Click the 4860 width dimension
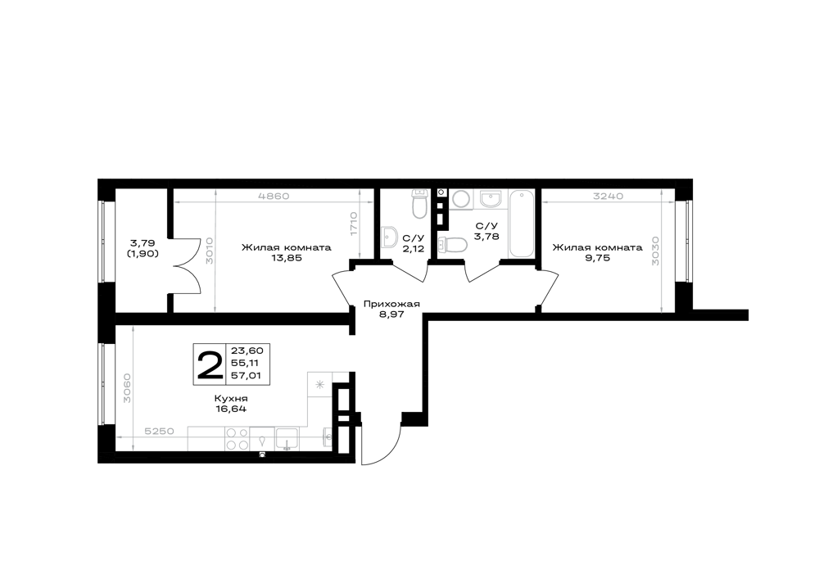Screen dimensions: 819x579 [274, 197]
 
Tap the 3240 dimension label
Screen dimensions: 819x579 [609, 197]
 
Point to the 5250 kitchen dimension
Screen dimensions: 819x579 [160, 432]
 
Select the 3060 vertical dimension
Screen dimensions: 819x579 [126, 388]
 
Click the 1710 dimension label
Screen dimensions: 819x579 [354, 224]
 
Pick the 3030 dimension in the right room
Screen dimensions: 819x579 [656, 251]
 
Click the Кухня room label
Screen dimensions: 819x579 [231, 399]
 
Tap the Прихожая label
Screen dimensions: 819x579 [391, 305]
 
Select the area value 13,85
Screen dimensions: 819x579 [287, 257]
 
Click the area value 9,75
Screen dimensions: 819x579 [598, 257]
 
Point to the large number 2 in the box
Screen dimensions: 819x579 [210, 364]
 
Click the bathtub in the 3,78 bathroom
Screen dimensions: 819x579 [521, 224]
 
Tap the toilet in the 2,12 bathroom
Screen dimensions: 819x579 [420, 204]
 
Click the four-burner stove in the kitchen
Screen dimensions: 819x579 [238, 439]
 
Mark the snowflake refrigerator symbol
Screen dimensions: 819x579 [320, 385]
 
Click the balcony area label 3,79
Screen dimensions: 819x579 [143, 242]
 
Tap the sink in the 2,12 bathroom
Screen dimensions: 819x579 [391, 237]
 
